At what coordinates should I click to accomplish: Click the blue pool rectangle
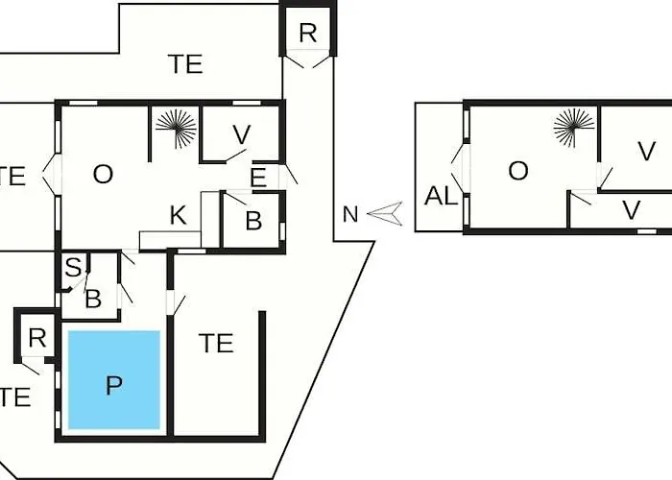pyautogui.click(x=114, y=380)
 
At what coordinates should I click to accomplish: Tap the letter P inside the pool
pyautogui.click(x=113, y=385)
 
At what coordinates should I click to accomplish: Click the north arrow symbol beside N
pyautogui.click(x=385, y=213)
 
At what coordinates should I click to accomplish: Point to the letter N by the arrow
pyautogui.click(x=350, y=214)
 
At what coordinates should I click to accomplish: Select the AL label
pyautogui.click(x=441, y=196)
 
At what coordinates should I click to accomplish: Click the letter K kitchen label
pyautogui.click(x=179, y=215)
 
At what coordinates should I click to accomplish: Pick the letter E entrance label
pyautogui.click(x=258, y=178)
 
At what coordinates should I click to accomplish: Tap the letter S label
pyautogui.click(x=73, y=268)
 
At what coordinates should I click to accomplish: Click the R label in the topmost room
pyautogui.click(x=308, y=33)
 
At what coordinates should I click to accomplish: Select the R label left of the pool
pyautogui.click(x=37, y=338)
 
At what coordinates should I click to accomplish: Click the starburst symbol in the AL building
pyautogui.click(x=574, y=128)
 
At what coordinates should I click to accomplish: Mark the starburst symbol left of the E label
pyautogui.click(x=176, y=129)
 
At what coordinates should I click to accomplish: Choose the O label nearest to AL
pyautogui.click(x=518, y=171)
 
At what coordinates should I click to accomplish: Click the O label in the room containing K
pyautogui.click(x=103, y=175)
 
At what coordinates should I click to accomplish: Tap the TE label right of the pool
pyautogui.click(x=216, y=343)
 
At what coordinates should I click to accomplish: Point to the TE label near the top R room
pyautogui.click(x=185, y=64)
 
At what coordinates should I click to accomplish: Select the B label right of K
pyautogui.click(x=253, y=221)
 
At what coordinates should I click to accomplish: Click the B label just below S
pyautogui.click(x=93, y=299)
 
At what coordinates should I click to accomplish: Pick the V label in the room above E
pyautogui.click(x=242, y=135)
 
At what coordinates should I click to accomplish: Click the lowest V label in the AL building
pyautogui.click(x=632, y=210)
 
